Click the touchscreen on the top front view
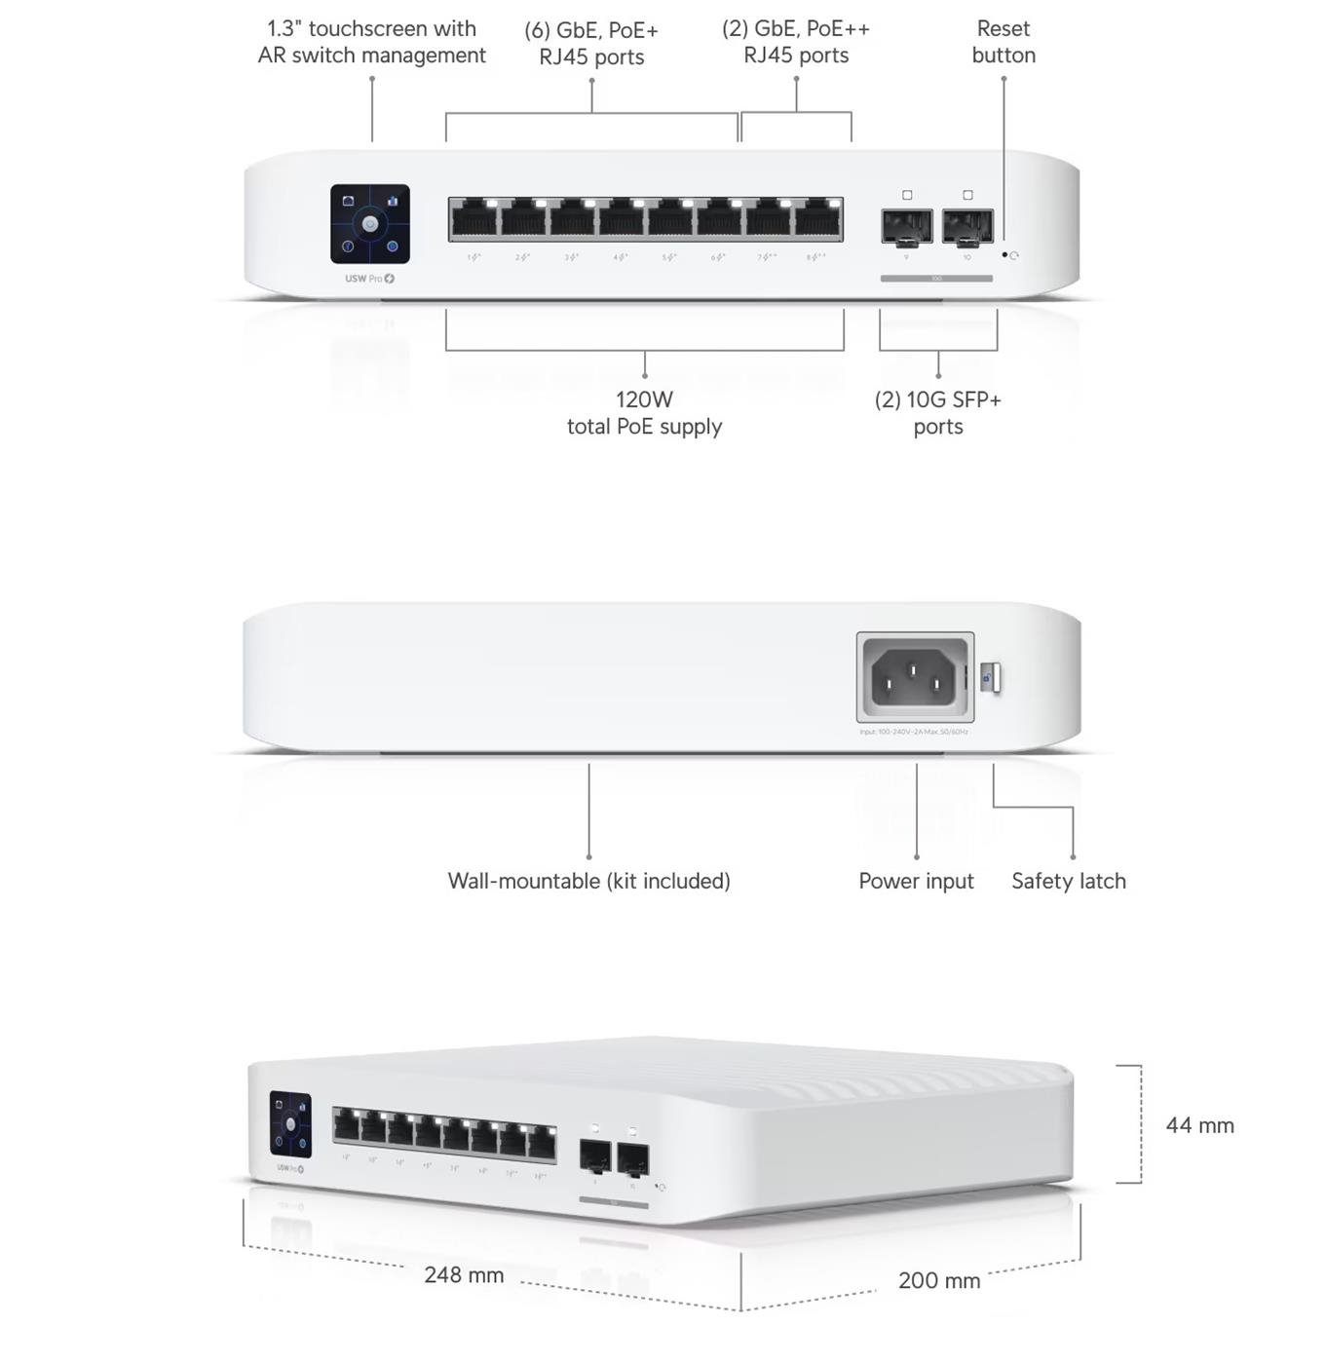[369, 224]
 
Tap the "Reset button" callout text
[1003, 42]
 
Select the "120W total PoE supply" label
[644, 413]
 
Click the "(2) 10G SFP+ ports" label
[937, 413]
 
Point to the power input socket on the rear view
[914, 677]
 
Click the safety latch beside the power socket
[990, 677]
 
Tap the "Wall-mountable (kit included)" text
[588, 881]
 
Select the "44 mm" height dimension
[1199, 1125]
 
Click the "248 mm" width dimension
[464, 1274]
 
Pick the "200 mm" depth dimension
[938, 1280]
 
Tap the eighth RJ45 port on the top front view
[818, 220]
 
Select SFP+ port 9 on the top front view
[906, 226]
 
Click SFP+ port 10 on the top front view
[967, 226]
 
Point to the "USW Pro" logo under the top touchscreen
[369, 279]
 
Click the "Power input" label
[916, 881]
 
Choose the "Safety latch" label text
[1068, 881]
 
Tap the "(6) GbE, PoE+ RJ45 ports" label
[591, 44]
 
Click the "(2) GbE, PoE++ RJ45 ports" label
[796, 42]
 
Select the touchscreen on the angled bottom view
[290, 1124]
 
